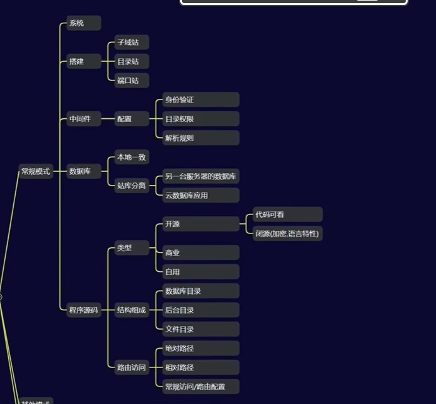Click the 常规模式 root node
(x=35, y=171)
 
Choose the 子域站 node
(x=131, y=43)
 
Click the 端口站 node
(x=131, y=81)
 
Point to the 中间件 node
(x=84, y=119)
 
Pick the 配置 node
(x=131, y=119)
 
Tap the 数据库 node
(x=84, y=171)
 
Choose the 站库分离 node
(x=131, y=186)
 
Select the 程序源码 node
(x=84, y=310)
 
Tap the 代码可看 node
(x=287, y=215)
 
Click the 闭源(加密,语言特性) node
(x=287, y=233)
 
